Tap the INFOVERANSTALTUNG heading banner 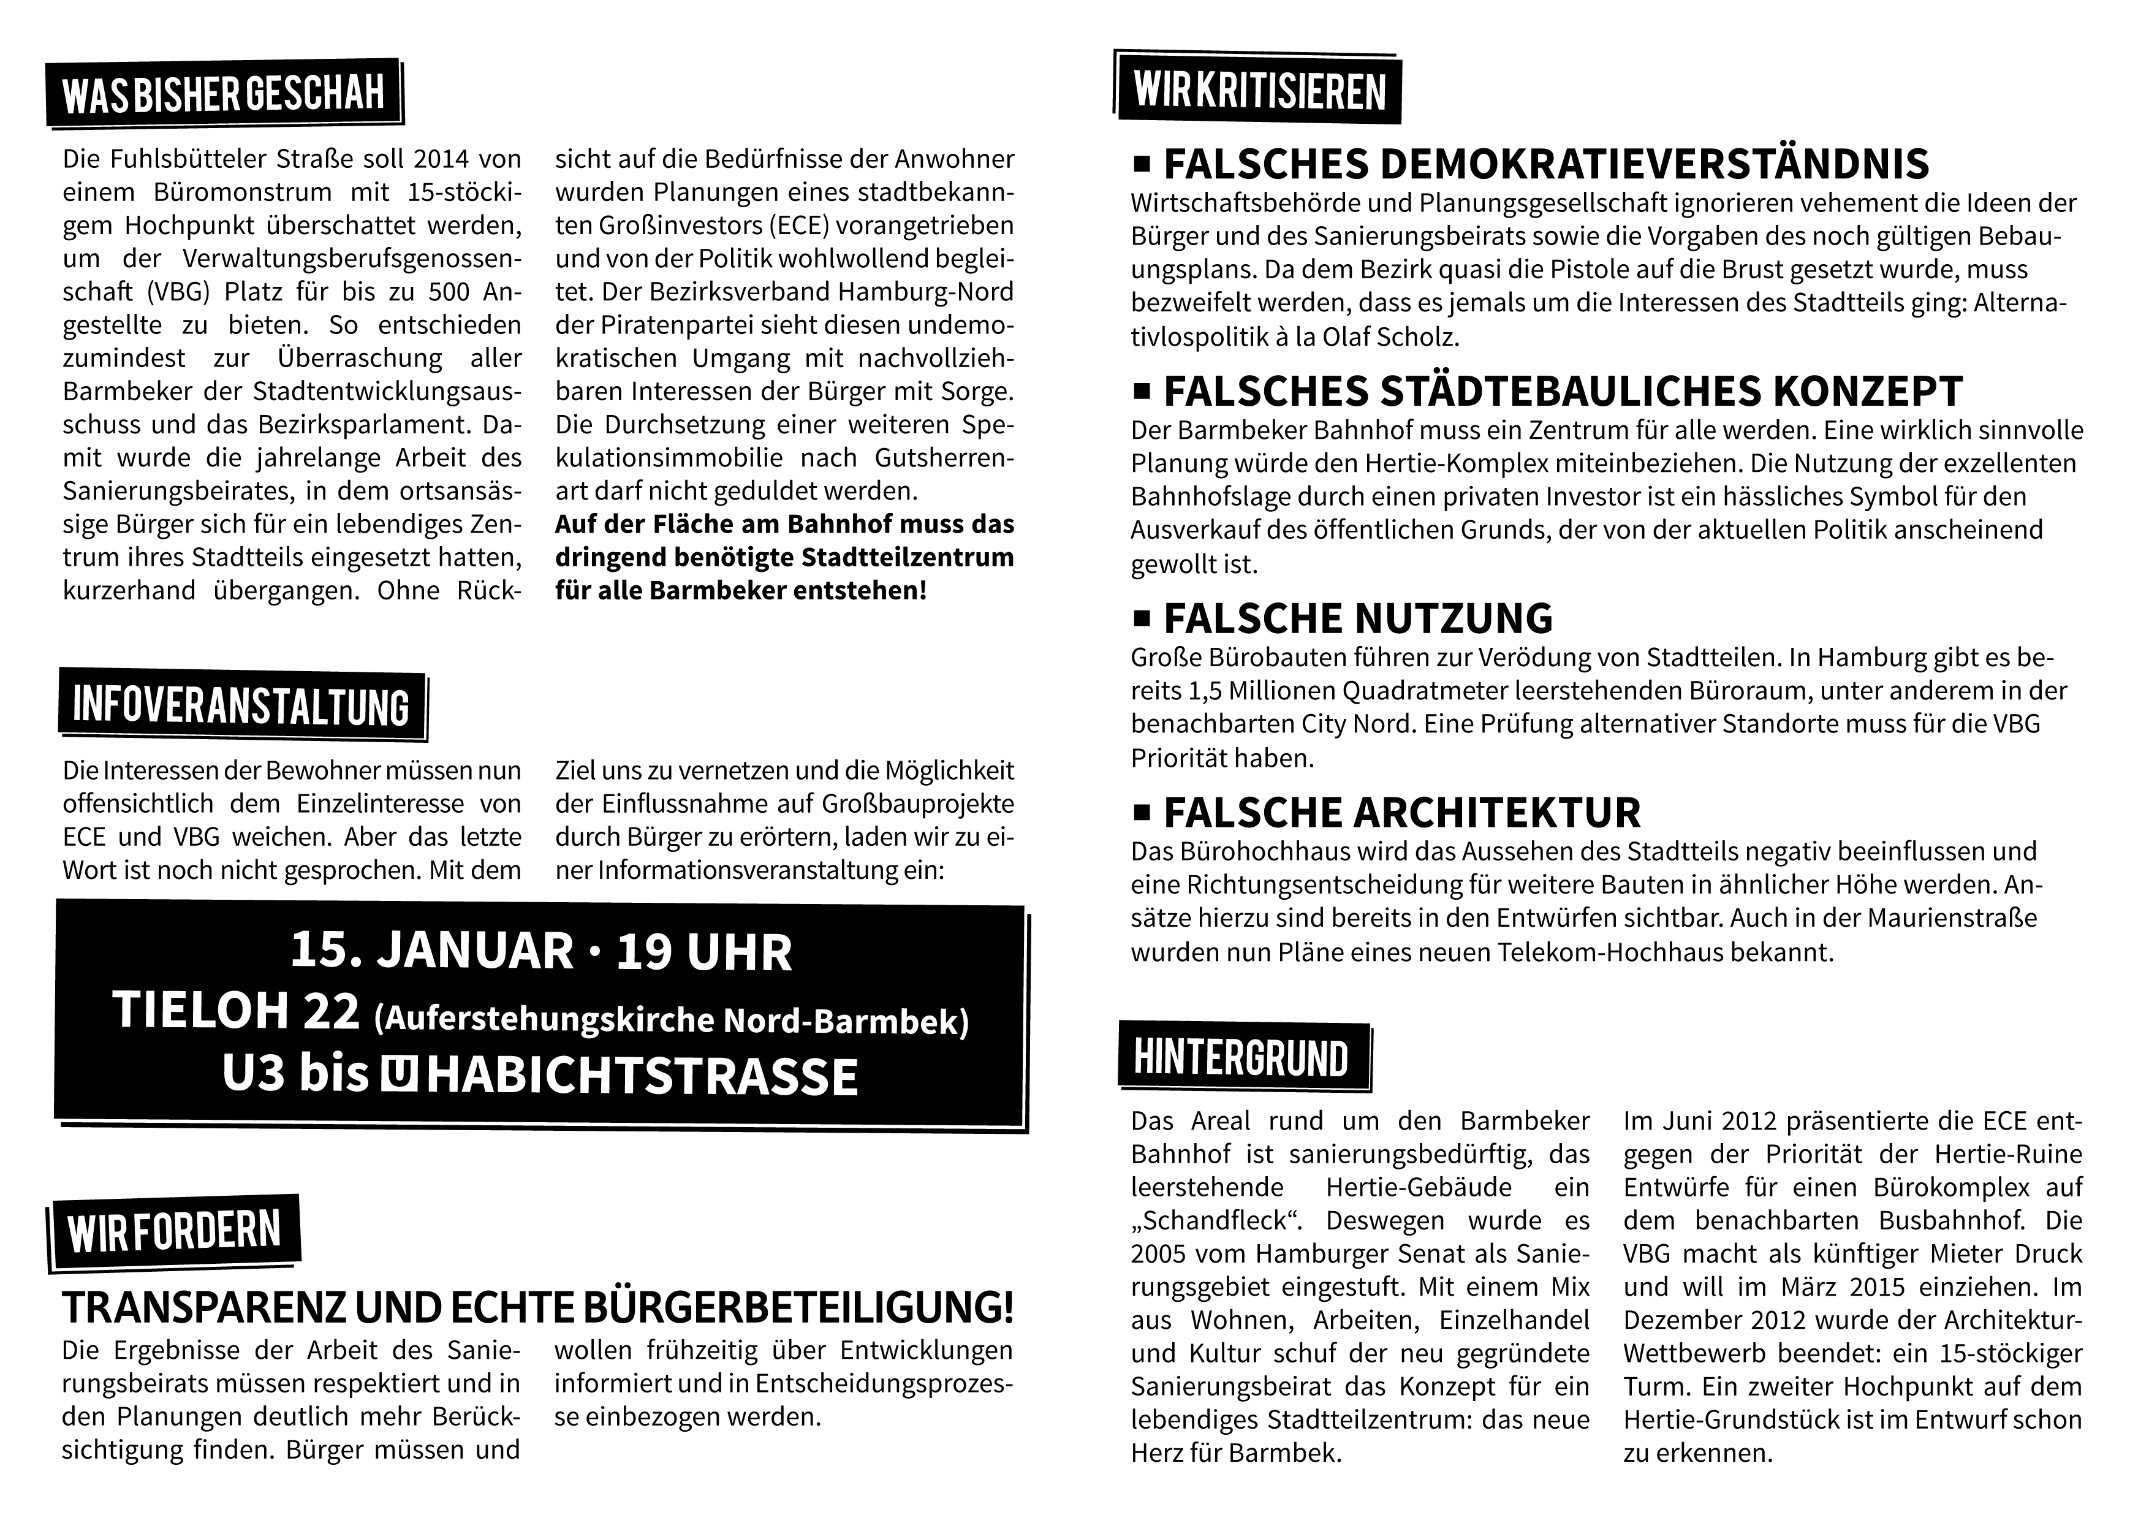(x=241, y=705)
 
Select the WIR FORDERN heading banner (x=175, y=1233)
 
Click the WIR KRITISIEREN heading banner (x=1259, y=91)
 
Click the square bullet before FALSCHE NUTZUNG (x=1141, y=618)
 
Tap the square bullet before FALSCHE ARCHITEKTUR (x=1141, y=813)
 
